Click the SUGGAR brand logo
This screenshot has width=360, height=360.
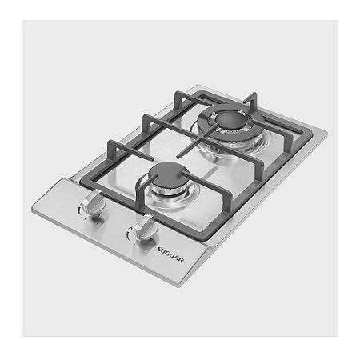pos(170,254)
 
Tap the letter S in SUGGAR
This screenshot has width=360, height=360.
pos(159,250)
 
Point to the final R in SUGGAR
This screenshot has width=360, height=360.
pos(181,260)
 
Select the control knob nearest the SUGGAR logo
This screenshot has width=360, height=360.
pos(144,226)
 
